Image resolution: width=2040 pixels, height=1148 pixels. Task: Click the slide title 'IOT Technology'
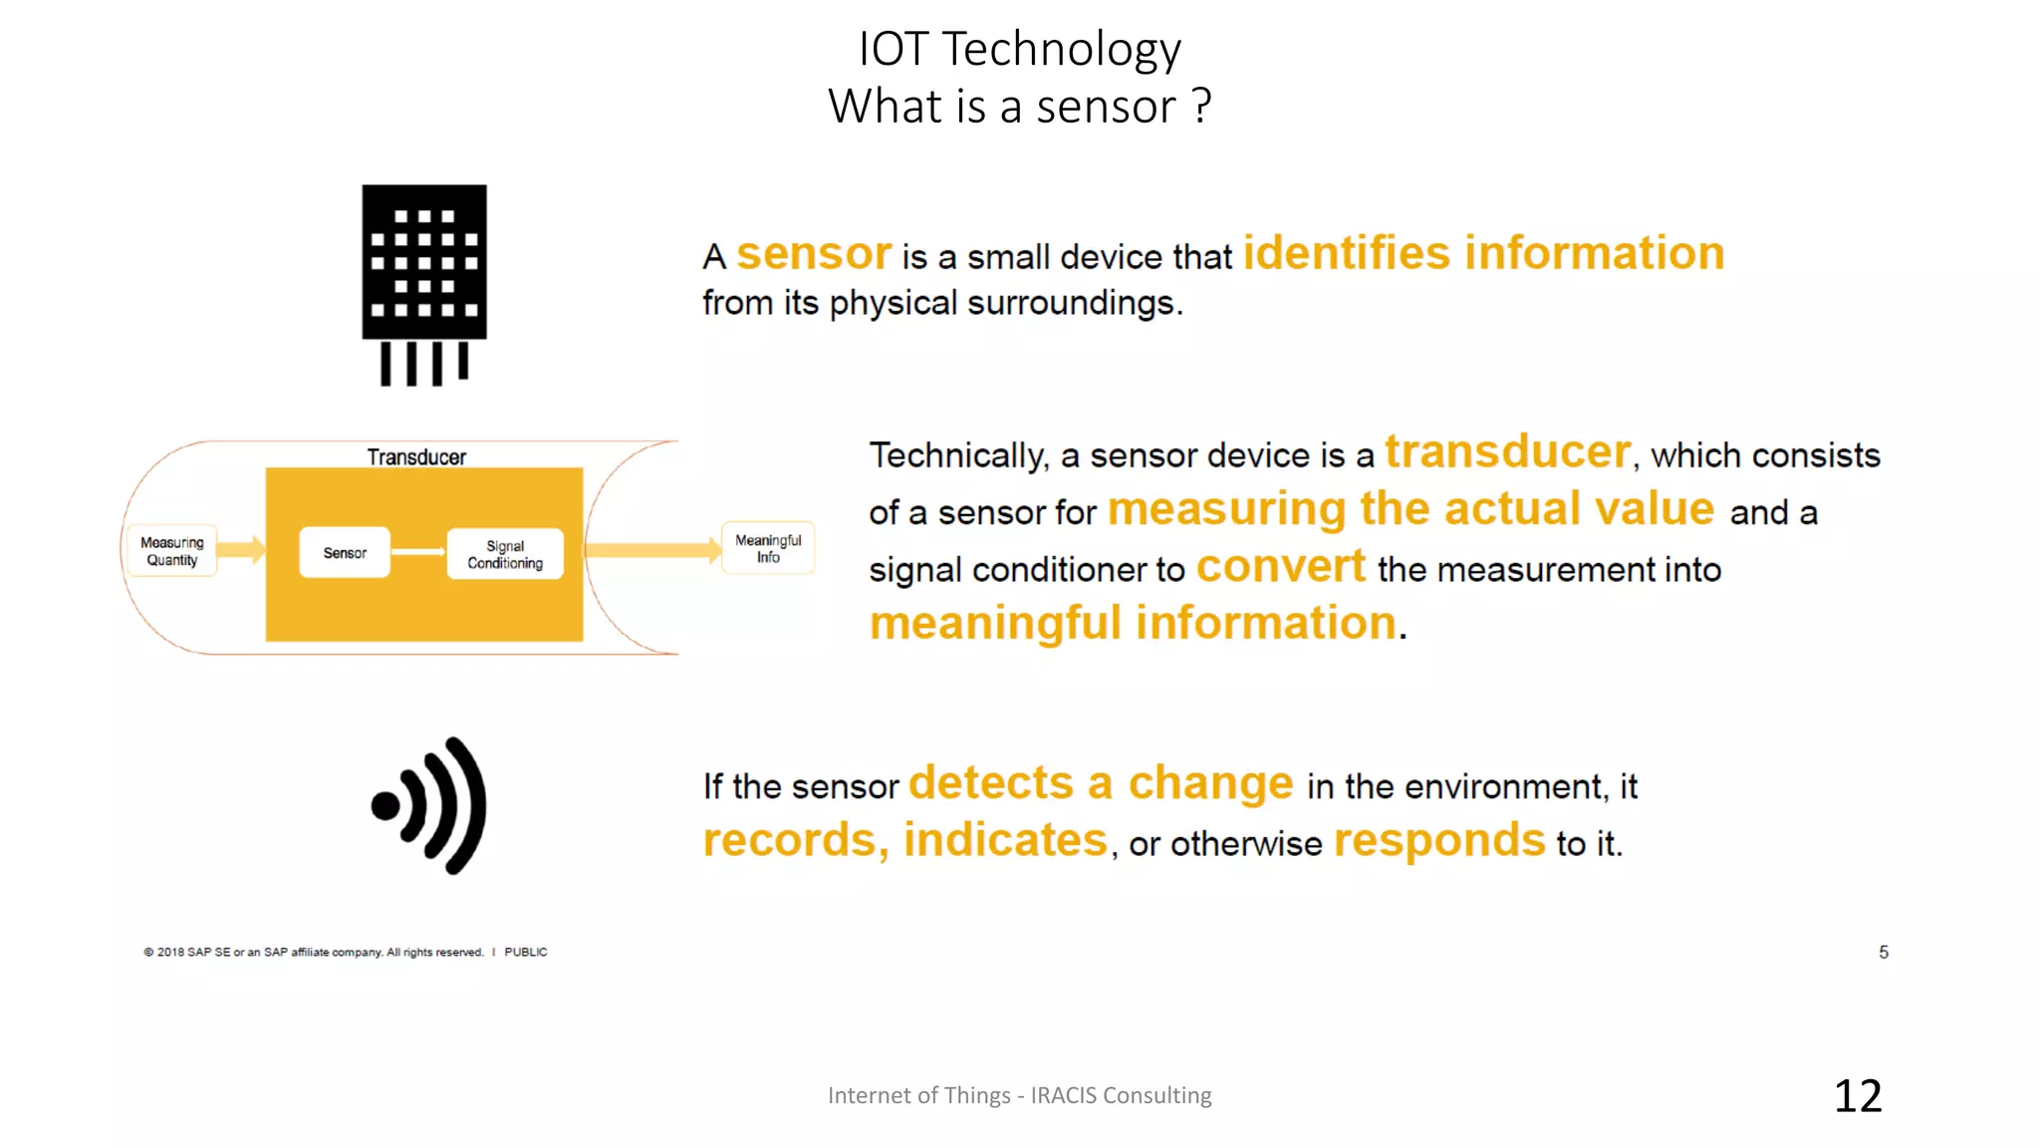(x=1019, y=48)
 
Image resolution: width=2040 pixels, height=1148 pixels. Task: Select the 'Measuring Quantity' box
(x=172, y=551)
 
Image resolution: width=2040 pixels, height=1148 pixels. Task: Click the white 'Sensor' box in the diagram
(x=345, y=552)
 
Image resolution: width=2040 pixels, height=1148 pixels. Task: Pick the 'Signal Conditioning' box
(x=505, y=554)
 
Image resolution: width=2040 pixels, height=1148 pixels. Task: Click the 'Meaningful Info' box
(x=768, y=548)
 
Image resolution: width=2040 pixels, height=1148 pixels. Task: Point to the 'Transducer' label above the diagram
(x=416, y=456)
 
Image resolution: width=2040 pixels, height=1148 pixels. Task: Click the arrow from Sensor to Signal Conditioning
(x=418, y=551)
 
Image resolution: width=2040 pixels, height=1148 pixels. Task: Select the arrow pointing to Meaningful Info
(x=652, y=550)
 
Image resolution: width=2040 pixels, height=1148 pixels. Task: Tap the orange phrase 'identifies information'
(x=1483, y=253)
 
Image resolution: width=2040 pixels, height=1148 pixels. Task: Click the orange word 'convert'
(x=1280, y=566)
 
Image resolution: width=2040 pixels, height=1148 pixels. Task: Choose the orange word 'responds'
(x=1439, y=840)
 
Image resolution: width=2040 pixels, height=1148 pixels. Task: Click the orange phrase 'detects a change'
(x=1101, y=782)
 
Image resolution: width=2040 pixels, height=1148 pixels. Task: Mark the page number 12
(x=1858, y=1095)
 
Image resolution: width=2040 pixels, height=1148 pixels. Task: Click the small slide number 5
(x=1884, y=952)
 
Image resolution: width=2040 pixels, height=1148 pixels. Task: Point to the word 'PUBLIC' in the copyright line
(x=525, y=952)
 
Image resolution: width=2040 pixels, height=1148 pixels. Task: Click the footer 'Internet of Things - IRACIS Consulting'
(x=1019, y=1095)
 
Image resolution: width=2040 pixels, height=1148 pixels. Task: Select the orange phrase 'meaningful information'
(x=1134, y=623)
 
